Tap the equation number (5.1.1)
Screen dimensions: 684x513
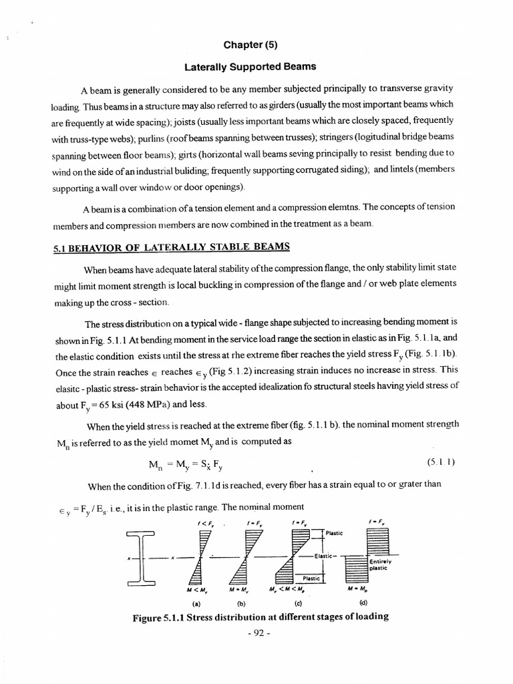tap(440, 462)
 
